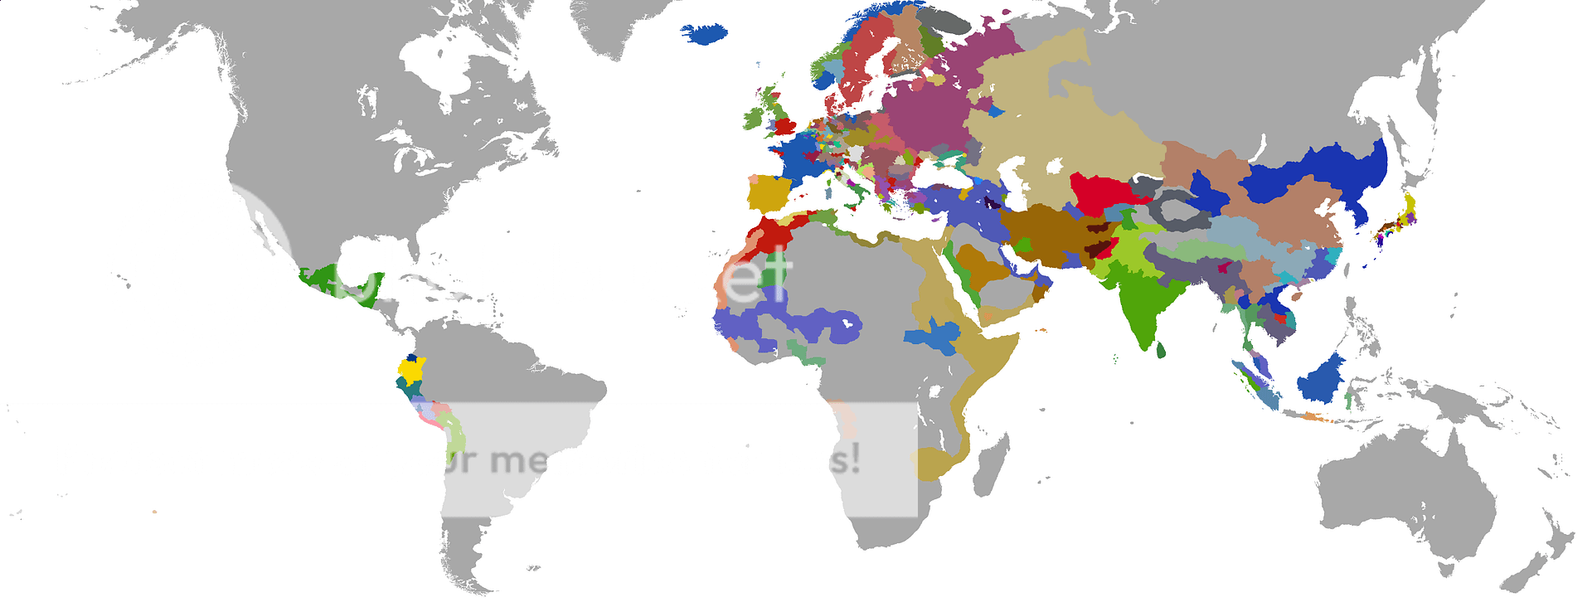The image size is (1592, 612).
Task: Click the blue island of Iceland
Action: [704, 33]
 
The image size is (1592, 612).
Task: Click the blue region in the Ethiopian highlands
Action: [933, 336]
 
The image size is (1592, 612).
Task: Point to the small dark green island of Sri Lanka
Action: [1160, 351]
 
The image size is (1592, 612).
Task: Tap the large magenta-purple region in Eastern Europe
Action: [920, 116]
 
